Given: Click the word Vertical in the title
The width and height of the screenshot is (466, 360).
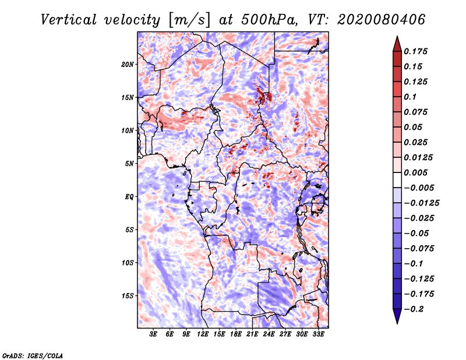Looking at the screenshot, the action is click(69, 20).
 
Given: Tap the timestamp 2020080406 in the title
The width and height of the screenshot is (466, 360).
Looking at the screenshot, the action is click(381, 20).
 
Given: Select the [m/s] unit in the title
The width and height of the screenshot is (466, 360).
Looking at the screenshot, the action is click(189, 20).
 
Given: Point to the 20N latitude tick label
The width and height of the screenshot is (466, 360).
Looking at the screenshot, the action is click(128, 65).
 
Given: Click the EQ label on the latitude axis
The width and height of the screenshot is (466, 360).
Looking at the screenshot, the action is click(129, 197).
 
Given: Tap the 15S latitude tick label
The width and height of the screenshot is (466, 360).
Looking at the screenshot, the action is click(128, 296).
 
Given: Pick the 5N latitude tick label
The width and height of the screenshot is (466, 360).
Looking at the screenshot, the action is click(129, 164).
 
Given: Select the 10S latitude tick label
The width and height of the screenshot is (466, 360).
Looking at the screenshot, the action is click(128, 263).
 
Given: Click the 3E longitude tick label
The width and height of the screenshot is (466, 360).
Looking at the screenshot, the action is click(153, 334).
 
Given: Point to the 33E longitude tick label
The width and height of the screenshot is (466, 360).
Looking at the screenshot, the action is click(318, 334).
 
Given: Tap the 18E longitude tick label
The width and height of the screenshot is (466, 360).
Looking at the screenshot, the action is click(236, 334).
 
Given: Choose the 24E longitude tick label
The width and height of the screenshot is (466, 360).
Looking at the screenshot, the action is click(269, 334).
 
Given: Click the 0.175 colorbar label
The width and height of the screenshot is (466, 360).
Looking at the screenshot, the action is click(415, 51).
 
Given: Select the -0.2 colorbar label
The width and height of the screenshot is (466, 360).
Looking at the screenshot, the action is click(414, 309).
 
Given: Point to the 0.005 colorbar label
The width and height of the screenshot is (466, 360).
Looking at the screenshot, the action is click(415, 172).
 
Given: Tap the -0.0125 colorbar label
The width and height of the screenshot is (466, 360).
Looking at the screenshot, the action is click(421, 203).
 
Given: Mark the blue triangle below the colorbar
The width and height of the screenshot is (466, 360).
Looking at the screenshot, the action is click(397, 316).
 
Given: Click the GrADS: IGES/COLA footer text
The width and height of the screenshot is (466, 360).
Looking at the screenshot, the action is click(33, 355).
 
